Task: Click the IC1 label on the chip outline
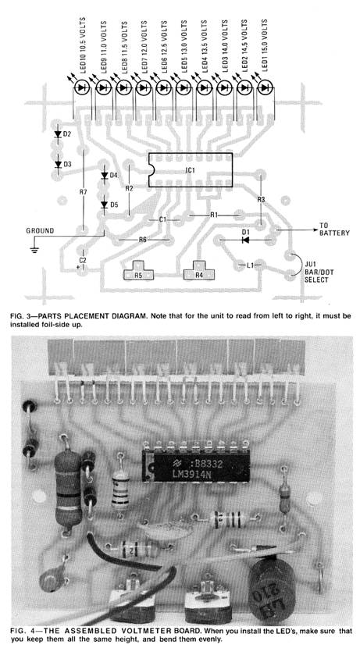point(190,170)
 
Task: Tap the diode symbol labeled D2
point(58,134)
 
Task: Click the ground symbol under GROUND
point(34,250)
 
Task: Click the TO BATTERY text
point(334,230)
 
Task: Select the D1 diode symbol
point(245,239)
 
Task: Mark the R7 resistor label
point(84,192)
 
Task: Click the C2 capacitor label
point(83,260)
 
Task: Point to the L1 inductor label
point(251,265)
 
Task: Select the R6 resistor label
point(143,240)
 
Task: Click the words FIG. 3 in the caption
point(18,316)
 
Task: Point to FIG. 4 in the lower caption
point(20,632)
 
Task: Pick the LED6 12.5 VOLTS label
point(164,46)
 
